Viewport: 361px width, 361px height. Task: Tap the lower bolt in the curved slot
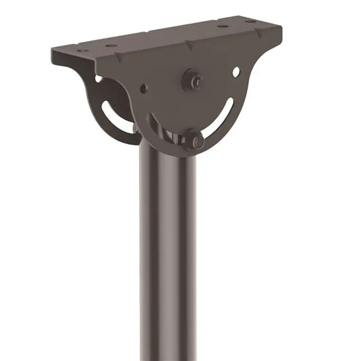(x=195, y=140)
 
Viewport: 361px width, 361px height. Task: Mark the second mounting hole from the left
(x=110, y=46)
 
